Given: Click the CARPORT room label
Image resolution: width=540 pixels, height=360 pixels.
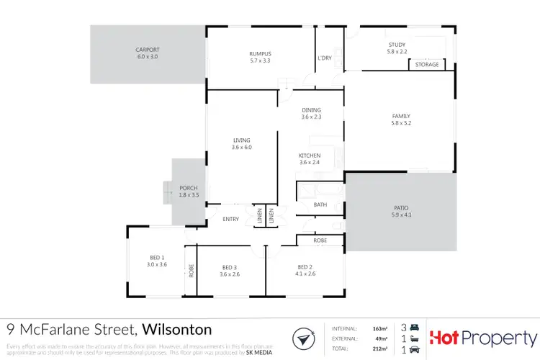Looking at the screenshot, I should (146, 50).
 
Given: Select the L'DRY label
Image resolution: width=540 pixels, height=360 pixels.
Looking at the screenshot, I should (324, 58).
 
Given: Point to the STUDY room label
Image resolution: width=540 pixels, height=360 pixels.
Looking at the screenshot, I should (397, 45).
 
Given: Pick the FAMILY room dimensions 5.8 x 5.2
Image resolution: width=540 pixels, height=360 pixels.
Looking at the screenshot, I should (401, 123).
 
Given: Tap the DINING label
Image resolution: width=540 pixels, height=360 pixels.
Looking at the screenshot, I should (311, 110).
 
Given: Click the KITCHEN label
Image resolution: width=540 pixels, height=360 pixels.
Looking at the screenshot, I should (310, 156).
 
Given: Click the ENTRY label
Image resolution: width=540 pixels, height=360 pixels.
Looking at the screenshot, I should (230, 220).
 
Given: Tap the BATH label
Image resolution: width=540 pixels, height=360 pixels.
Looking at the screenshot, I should (320, 205).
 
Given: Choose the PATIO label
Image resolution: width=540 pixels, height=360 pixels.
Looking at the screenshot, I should (400, 207).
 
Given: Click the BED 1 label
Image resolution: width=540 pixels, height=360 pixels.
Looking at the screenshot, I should (157, 257).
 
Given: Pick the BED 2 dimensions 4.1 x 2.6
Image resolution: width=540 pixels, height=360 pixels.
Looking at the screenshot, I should (304, 274).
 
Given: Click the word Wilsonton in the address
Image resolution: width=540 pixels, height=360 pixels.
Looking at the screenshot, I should (177, 330).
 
